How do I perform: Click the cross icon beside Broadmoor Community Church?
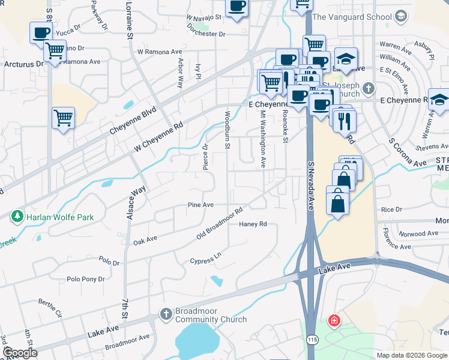click(166, 314)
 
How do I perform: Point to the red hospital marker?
click(334, 321)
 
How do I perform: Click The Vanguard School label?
click(352, 17)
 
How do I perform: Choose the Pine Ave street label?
click(200, 205)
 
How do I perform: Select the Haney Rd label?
click(253, 224)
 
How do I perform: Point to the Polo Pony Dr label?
click(86, 279)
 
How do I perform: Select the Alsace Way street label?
click(136, 202)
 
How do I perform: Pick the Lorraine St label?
click(130, 20)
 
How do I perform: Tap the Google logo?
click(20, 352)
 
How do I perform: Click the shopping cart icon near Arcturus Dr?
click(55, 51)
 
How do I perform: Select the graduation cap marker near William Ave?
click(346, 59)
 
